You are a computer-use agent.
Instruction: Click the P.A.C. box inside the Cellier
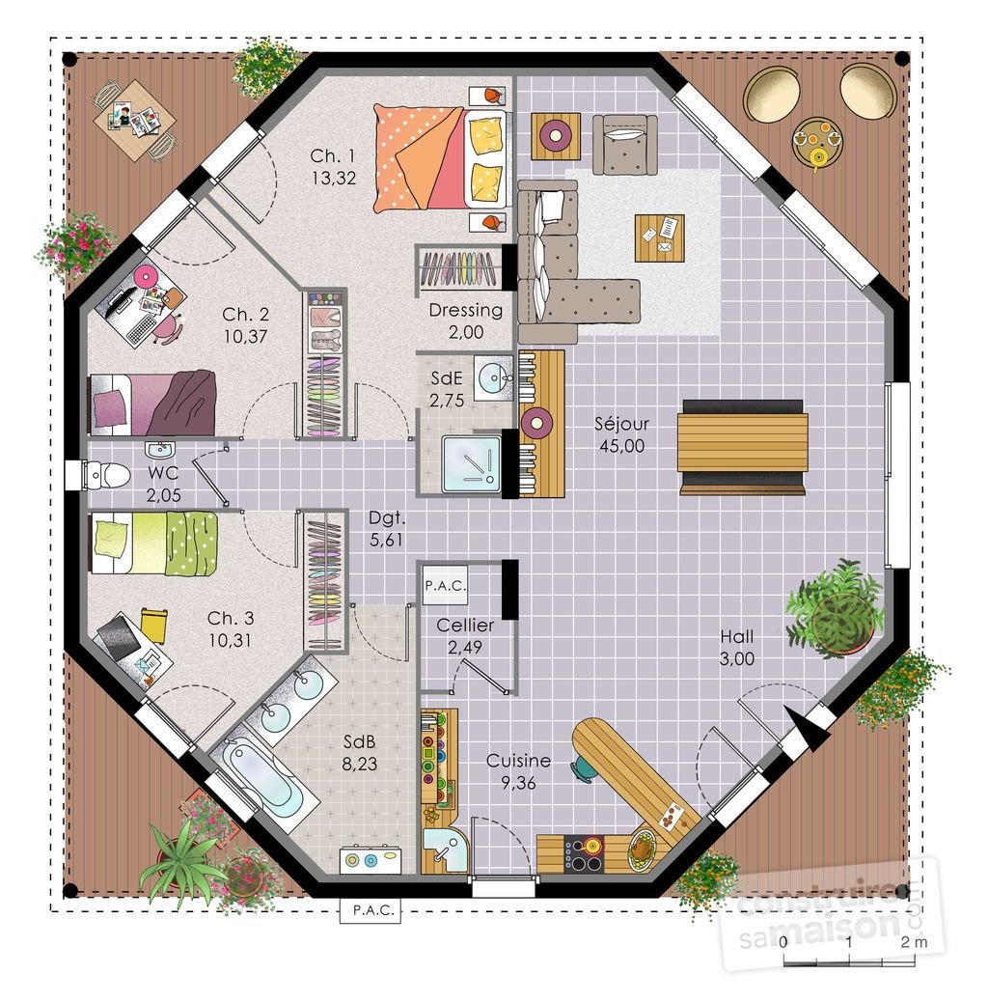tap(445, 585)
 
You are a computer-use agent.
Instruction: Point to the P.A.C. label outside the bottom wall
tap(370, 910)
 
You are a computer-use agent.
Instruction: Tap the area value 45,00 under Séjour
tap(621, 446)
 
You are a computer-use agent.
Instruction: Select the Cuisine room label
tap(518, 761)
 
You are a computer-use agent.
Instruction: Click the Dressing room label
tap(466, 310)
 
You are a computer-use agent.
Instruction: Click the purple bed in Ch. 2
tap(152, 404)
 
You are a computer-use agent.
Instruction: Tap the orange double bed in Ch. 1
tap(440, 158)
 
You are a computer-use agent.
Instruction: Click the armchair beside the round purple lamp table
tap(624, 145)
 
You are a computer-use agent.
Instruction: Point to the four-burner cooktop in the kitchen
tap(583, 853)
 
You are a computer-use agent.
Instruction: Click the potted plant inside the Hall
tap(835, 607)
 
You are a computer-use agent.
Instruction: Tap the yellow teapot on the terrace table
tap(818, 156)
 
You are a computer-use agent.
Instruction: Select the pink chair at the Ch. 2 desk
tap(167, 328)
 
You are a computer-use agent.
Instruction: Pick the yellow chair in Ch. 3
tap(153, 625)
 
